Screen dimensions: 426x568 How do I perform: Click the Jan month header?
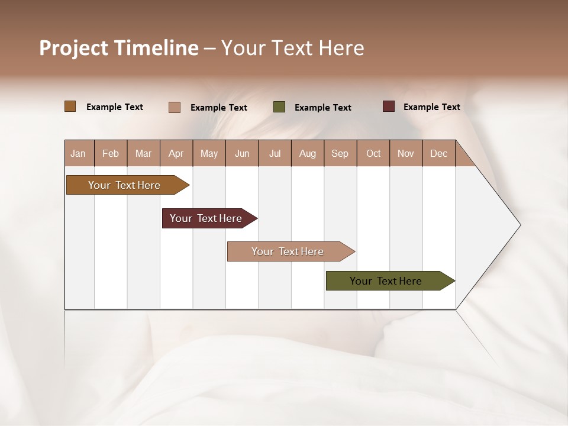(x=78, y=153)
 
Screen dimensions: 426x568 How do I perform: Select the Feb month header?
(x=111, y=153)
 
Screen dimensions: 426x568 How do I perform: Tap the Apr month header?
(x=176, y=153)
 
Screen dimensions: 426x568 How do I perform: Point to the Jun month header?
(x=242, y=153)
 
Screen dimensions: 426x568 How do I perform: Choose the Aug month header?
(x=308, y=153)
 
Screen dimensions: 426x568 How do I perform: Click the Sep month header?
(x=340, y=153)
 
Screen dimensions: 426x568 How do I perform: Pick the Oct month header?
(x=373, y=153)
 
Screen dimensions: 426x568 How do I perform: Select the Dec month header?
(x=438, y=153)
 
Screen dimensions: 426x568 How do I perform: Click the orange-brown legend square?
(x=70, y=106)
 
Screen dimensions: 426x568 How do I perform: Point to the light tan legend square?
(x=175, y=107)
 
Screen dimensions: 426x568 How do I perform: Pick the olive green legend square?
(x=279, y=107)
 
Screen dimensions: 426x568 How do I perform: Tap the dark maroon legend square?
(x=389, y=106)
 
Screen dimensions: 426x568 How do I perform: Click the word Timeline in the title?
(x=156, y=48)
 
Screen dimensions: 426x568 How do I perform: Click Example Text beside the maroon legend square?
(x=431, y=107)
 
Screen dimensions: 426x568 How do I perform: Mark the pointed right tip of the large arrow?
(x=519, y=225)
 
